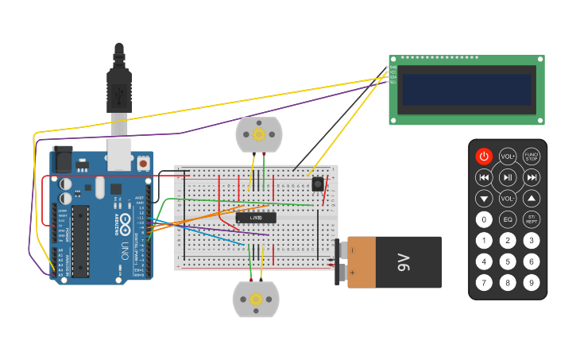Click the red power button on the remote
(484, 157)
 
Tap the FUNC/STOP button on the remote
(532, 157)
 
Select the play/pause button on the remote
(508, 177)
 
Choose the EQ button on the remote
(508, 219)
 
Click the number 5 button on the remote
(508, 261)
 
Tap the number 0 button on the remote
(484, 219)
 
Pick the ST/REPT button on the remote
(532, 219)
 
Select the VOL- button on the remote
(508, 198)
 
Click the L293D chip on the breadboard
(255, 217)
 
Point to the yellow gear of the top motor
(259, 134)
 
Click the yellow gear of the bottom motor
(256, 300)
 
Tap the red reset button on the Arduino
(143, 163)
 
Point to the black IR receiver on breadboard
(318, 184)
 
